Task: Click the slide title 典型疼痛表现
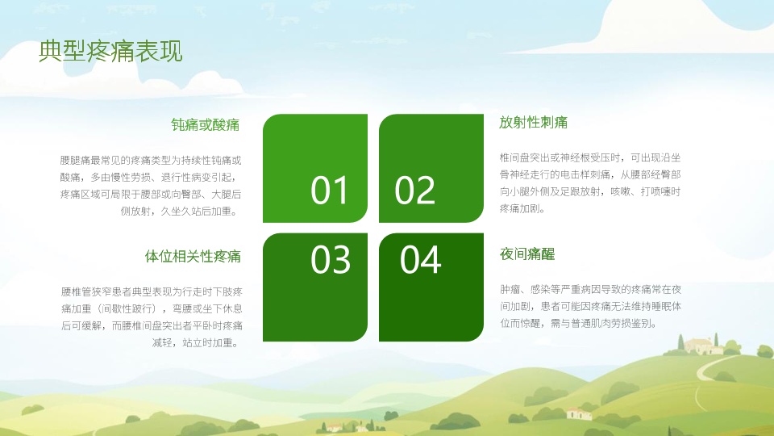(x=110, y=52)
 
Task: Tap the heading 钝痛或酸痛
(x=206, y=124)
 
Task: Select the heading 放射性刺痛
(x=533, y=122)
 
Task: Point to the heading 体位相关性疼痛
(x=193, y=256)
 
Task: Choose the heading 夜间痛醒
(x=527, y=254)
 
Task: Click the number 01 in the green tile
(x=330, y=191)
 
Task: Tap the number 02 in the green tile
(x=414, y=191)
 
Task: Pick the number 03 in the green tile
(x=331, y=259)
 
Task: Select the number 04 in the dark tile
(x=421, y=259)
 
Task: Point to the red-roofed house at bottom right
(x=579, y=413)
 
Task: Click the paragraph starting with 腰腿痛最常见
(x=151, y=186)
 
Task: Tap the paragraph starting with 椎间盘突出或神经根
(x=590, y=183)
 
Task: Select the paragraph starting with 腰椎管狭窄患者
(x=152, y=317)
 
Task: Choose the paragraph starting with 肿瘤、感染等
(x=590, y=306)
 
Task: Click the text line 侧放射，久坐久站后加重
(x=180, y=211)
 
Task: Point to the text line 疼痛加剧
(x=522, y=208)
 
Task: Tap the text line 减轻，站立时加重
(x=196, y=342)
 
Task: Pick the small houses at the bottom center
(x=346, y=426)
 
